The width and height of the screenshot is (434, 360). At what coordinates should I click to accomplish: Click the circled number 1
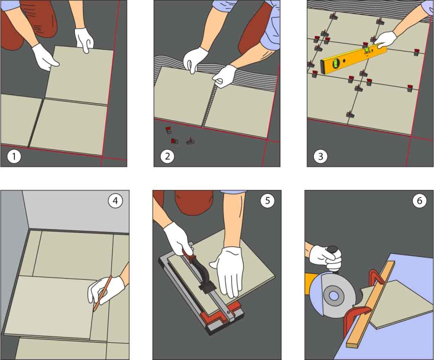click(14, 157)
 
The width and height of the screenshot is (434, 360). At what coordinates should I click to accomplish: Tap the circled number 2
click(167, 156)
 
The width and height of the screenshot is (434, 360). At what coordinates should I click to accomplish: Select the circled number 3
click(320, 156)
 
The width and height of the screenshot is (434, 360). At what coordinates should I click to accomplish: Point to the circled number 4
click(115, 201)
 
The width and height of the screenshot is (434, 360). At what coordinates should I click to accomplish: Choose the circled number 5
click(268, 201)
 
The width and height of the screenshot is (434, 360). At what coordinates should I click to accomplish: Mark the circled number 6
click(420, 201)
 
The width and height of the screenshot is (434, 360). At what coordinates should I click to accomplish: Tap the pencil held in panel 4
click(103, 293)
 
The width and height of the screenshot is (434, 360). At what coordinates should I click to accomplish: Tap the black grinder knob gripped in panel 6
click(333, 251)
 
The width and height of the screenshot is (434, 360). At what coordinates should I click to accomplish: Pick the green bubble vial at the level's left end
click(335, 63)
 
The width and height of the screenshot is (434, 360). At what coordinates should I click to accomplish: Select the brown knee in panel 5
click(194, 202)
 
